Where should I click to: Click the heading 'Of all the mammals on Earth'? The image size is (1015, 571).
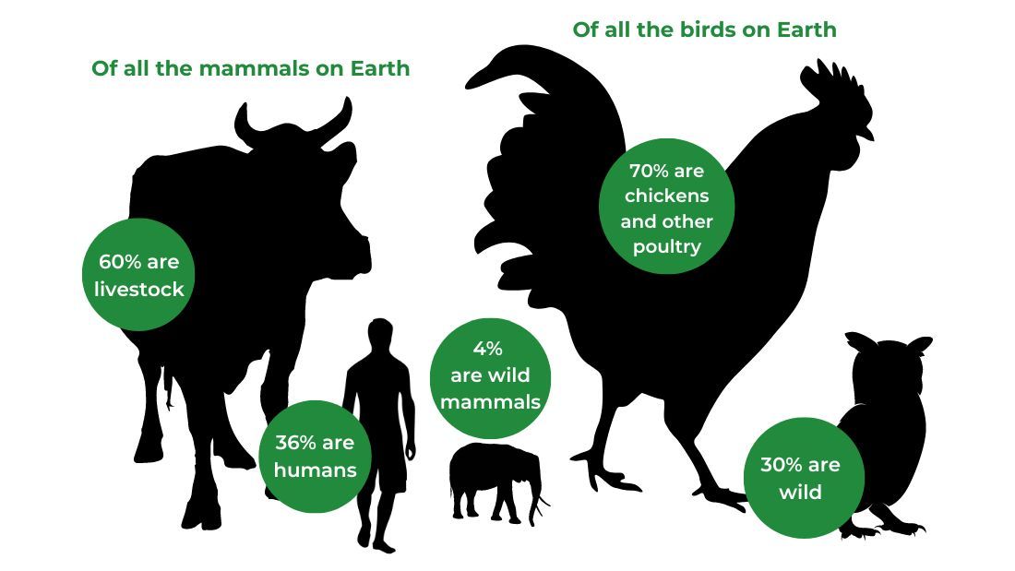(x=250, y=68)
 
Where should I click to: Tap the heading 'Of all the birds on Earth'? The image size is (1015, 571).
(x=704, y=30)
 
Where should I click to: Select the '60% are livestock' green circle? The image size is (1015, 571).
(x=138, y=275)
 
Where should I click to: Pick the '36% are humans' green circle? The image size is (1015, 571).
(x=315, y=457)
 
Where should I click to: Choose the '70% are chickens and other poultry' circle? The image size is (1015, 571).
(x=667, y=206)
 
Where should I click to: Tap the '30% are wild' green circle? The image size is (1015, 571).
(x=804, y=478)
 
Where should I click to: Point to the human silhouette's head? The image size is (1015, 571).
(x=380, y=334)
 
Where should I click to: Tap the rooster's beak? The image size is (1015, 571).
(x=866, y=134)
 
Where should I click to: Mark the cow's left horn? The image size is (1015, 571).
(x=247, y=126)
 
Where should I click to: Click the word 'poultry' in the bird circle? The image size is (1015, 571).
(x=667, y=247)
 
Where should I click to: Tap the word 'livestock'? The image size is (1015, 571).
(x=139, y=289)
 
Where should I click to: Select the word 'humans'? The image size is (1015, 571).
(x=316, y=470)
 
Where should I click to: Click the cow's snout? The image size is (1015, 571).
(x=356, y=249)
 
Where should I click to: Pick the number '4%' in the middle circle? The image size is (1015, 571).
(x=487, y=349)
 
